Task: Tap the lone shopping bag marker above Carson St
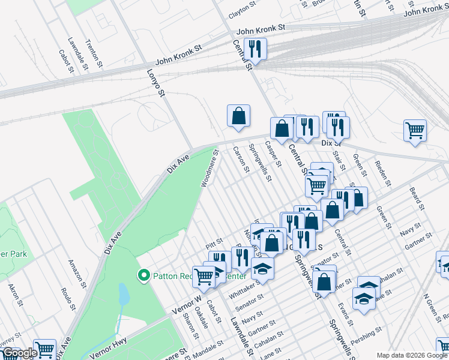pos(238,116)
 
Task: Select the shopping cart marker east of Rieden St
pos(415,130)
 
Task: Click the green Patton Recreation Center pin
pos(143,276)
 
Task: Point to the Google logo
pos(19,353)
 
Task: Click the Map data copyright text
pos(412,355)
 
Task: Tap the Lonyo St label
pos(155,82)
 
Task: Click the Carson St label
pos(241,159)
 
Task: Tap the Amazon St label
pos(79,273)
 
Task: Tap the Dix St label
pos(331,143)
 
